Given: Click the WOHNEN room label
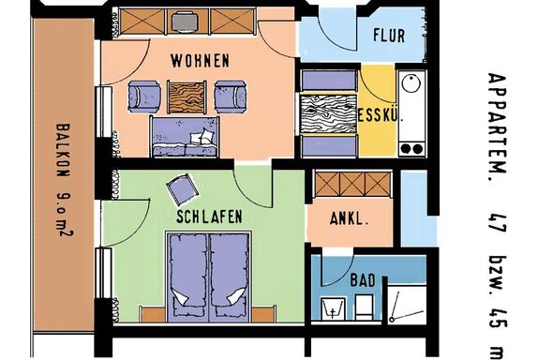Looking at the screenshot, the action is [x=200, y=61].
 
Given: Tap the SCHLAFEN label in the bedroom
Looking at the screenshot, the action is [x=209, y=217].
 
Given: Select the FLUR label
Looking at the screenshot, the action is [x=389, y=36].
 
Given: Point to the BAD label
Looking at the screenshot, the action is [x=363, y=280].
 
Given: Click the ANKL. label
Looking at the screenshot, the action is [x=350, y=218].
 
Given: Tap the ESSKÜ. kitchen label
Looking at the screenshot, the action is [x=381, y=115].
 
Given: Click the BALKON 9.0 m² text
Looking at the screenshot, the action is [x=64, y=180].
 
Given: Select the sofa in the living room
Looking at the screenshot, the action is [x=185, y=137].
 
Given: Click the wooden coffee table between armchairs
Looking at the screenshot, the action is [x=187, y=97].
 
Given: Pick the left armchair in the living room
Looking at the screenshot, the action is [x=144, y=97].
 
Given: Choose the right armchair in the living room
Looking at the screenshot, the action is [x=231, y=97].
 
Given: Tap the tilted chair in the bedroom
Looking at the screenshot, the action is [x=183, y=189].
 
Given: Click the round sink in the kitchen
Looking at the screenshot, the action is [x=411, y=83].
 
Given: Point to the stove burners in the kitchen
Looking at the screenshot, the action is [x=411, y=149].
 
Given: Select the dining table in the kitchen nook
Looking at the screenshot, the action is [x=328, y=113].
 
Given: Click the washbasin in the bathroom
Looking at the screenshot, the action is [x=333, y=308].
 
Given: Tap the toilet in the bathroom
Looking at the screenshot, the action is [x=364, y=307].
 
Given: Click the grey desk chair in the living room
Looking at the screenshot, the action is [x=185, y=22].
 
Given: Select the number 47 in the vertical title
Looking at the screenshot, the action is [x=499, y=222].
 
